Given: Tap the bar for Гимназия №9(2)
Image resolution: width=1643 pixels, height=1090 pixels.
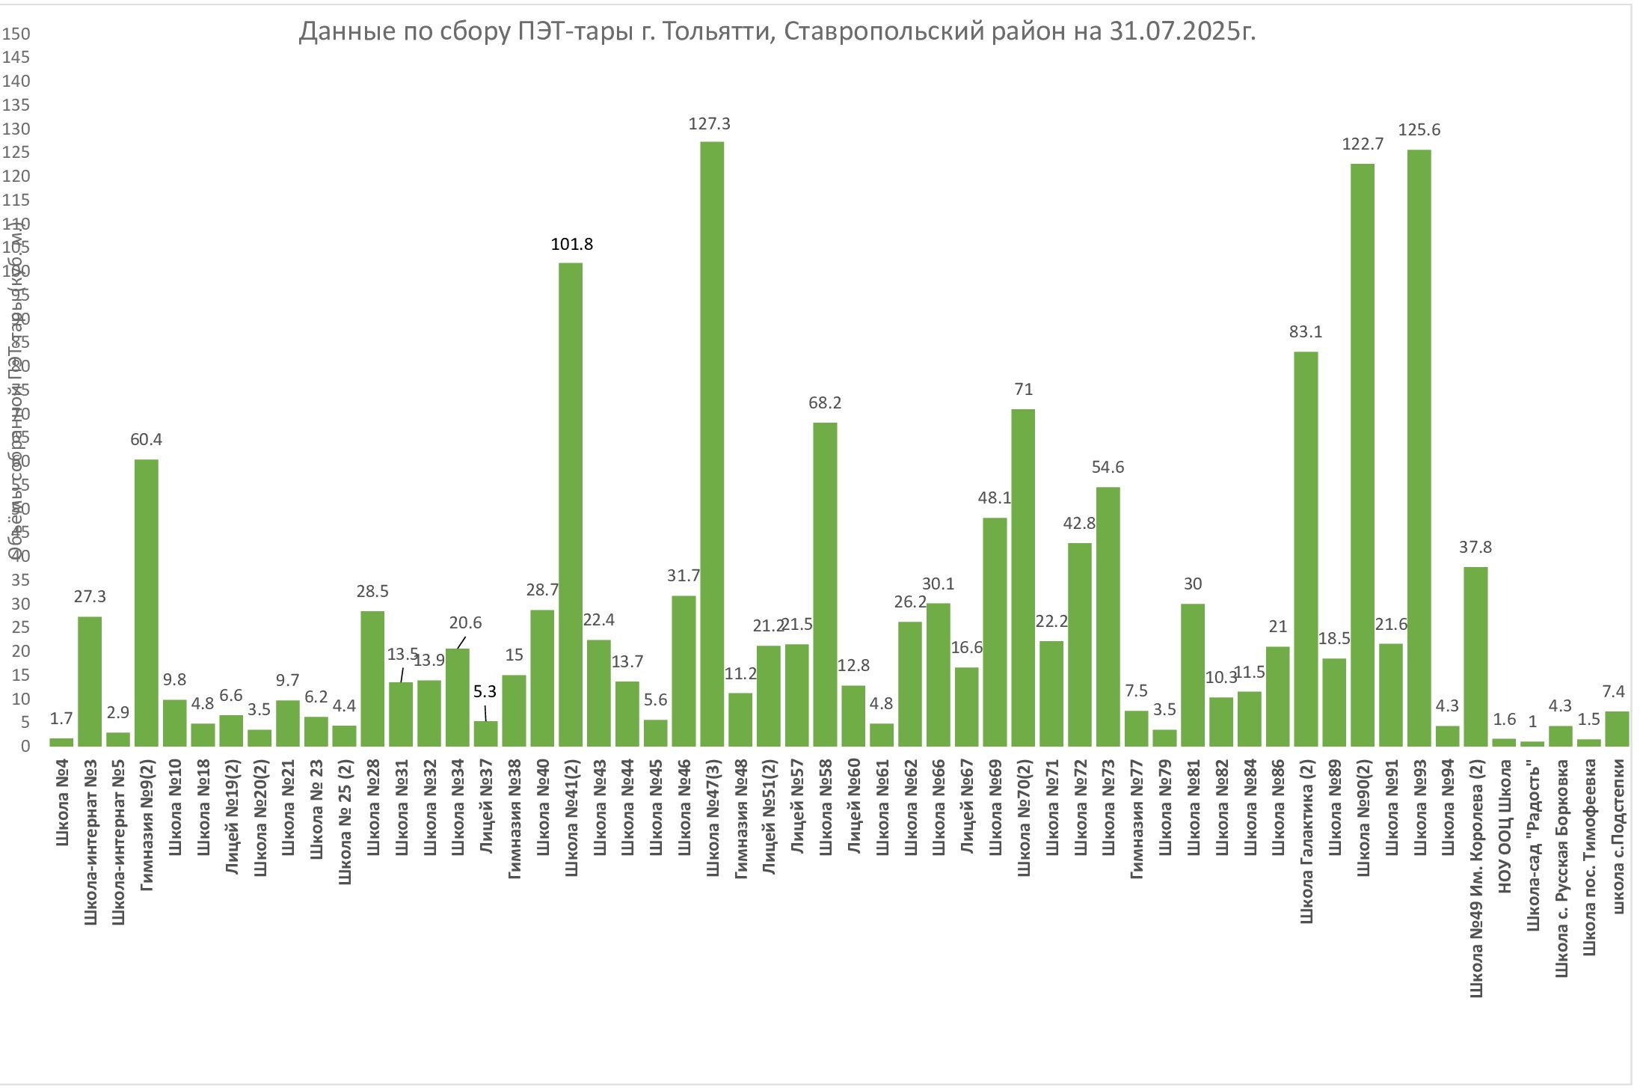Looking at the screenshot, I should (146, 602).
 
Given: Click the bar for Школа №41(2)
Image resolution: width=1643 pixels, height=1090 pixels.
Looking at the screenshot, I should (571, 504).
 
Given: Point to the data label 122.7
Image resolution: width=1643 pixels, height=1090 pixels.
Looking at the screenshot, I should (1363, 144).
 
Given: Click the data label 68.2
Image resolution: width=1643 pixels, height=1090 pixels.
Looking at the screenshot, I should (825, 403).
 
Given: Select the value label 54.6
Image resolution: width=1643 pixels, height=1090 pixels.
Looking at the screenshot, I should (1108, 468).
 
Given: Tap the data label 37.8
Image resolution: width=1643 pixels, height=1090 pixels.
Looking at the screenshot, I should (1475, 548).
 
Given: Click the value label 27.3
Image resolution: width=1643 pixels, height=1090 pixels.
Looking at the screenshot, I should (90, 597).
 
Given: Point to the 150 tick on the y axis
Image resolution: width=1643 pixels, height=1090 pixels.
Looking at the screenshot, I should (16, 34).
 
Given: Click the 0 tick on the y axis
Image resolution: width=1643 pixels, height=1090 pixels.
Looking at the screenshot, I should (25, 747).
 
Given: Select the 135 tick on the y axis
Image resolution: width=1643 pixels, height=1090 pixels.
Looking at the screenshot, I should (16, 105).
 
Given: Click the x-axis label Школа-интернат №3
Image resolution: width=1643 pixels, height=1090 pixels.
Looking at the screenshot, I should (90, 842).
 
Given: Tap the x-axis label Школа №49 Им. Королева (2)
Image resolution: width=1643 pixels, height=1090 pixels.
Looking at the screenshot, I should (1476, 878).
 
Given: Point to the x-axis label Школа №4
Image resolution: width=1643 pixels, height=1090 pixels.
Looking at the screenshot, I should (62, 803).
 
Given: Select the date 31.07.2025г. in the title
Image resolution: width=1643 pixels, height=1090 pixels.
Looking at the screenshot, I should (1182, 31).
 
